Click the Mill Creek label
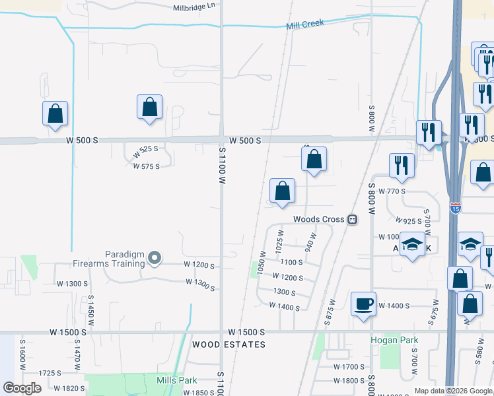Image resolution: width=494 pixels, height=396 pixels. [x=305, y=24]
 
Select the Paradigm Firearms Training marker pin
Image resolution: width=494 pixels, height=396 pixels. [x=155, y=258]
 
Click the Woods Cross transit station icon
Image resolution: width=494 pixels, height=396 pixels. [x=352, y=219]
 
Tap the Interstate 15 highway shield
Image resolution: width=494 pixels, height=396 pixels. [x=456, y=208]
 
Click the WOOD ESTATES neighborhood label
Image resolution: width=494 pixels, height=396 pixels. [x=229, y=345]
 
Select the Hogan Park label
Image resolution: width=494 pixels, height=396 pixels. [x=394, y=341]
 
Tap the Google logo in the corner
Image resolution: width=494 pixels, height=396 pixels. [x=22, y=388]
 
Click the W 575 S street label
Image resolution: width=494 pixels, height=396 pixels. [x=146, y=166]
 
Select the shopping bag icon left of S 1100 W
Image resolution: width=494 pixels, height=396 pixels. [x=150, y=108]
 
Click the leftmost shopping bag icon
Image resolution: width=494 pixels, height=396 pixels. [x=55, y=114]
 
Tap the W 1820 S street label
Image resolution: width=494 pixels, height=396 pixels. [x=69, y=388]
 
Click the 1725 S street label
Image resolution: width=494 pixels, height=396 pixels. [x=50, y=373]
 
